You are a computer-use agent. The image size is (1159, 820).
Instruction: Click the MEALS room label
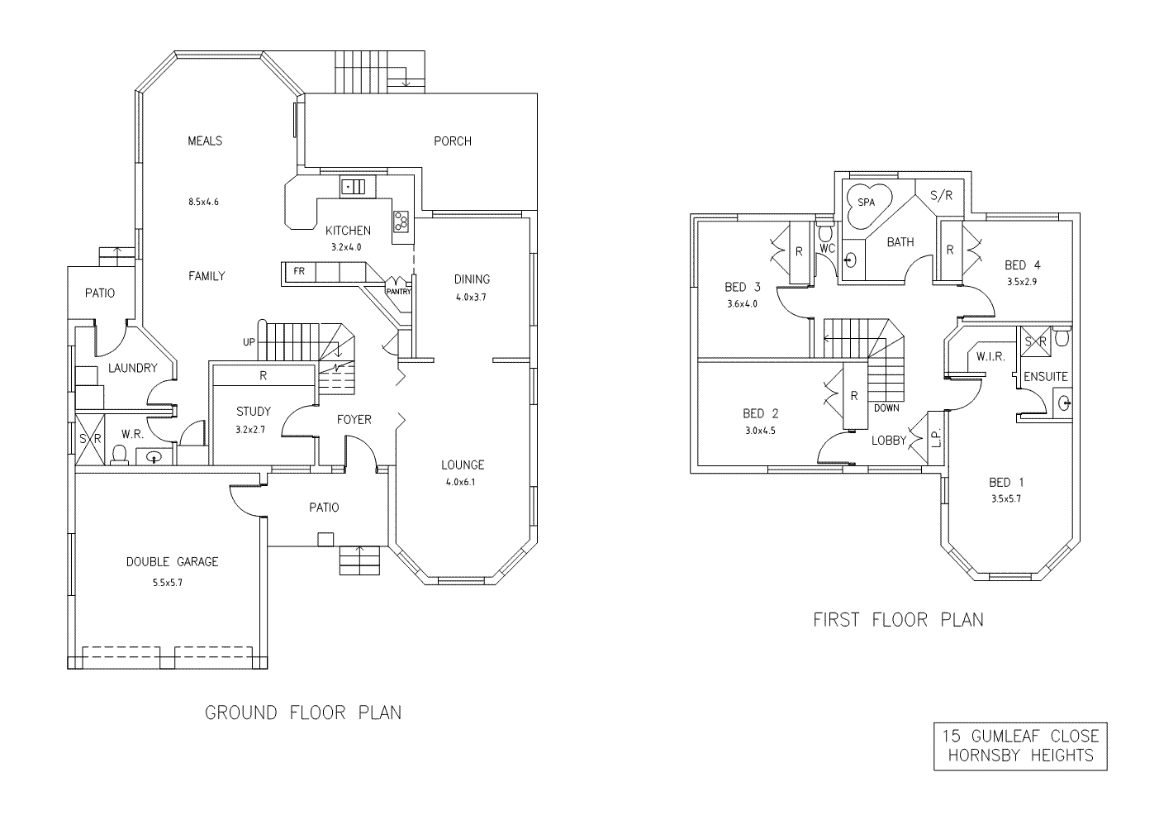tap(205, 141)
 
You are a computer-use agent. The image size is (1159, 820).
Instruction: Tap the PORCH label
tap(453, 141)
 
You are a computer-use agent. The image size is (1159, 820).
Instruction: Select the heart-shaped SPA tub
tap(867, 203)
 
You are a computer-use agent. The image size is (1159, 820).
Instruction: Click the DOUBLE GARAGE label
tap(173, 562)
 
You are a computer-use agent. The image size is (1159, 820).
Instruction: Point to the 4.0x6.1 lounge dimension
tap(463, 484)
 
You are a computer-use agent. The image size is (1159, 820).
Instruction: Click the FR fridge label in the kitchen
tap(298, 270)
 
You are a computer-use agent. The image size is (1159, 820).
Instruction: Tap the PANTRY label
tap(398, 291)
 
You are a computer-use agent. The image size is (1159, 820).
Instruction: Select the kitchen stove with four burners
tap(401, 221)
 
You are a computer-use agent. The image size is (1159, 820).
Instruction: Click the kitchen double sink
tap(354, 187)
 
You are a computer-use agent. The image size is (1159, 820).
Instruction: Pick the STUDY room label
tap(253, 412)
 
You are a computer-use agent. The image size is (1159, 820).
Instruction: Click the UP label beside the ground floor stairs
tap(249, 342)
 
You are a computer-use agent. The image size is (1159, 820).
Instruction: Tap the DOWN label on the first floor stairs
tap(886, 408)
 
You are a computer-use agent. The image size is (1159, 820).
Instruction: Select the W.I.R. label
tap(990, 357)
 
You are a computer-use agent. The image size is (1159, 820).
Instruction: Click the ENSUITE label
tap(1046, 376)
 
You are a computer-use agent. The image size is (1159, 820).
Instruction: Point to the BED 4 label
tap(1022, 265)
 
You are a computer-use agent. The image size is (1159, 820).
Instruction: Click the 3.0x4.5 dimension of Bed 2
tap(760, 430)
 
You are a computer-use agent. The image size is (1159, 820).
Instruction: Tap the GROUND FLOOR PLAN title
tap(303, 713)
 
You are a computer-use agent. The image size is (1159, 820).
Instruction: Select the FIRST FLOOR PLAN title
tap(898, 619)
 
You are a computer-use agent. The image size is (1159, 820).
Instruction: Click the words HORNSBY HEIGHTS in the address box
tap(1021, 755)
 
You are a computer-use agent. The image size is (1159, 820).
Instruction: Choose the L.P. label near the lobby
tap(935, 439)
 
